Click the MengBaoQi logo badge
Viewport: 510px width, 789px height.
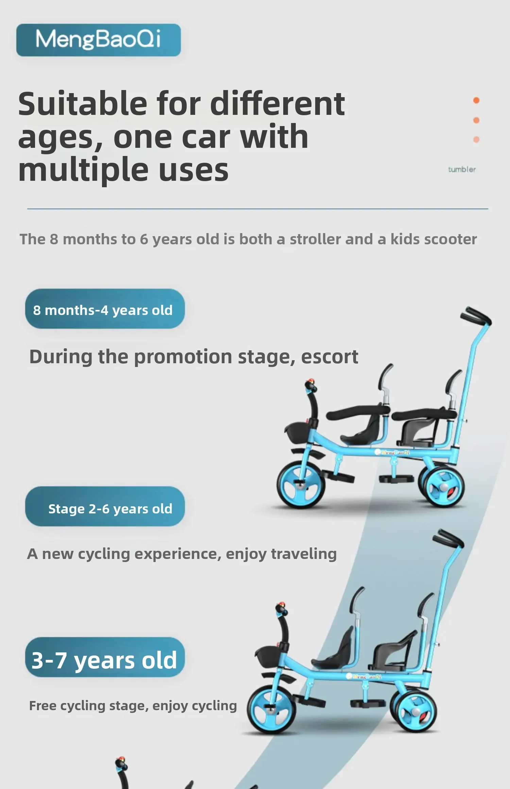click(x=99, y=40)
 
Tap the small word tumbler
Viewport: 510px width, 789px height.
click(x=462, y=169)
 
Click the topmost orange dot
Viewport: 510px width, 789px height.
click(x=476, y=100)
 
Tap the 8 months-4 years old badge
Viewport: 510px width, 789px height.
click(x=105, y=309)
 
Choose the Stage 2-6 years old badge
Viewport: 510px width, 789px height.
click(x=105, y=506)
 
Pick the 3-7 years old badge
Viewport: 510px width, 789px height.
click(x=105, y=657)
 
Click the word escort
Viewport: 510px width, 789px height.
click(x=329, y=357)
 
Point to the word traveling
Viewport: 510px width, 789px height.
click(x=304, y=554)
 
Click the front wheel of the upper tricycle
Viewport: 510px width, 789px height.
click(x=301, y=485)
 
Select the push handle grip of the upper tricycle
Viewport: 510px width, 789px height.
click(x=476, y=316)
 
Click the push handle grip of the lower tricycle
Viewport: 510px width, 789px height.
click(x=448, y=538)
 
